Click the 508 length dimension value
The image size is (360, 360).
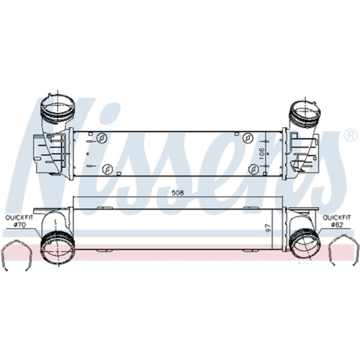click(x=178, y=193)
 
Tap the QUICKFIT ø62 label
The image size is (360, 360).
click(x=337, y=221)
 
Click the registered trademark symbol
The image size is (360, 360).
click(x=349, y=135)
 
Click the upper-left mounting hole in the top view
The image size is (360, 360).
click(x=103, y=138)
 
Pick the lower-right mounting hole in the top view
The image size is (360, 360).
click(x=254, y=168)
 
